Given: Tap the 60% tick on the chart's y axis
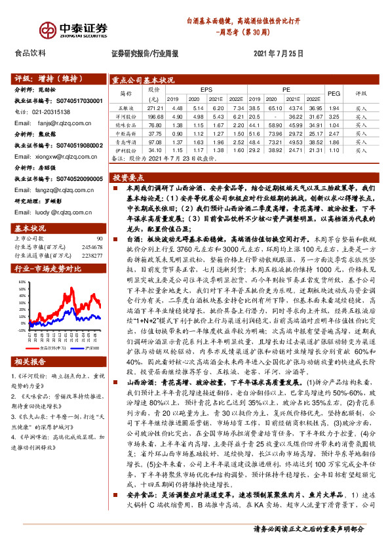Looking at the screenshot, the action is [22, 283].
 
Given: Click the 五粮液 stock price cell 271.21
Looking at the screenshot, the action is [155, 107].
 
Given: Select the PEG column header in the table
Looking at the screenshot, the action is [333, 94].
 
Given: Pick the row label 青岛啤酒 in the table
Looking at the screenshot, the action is [127, 141].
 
